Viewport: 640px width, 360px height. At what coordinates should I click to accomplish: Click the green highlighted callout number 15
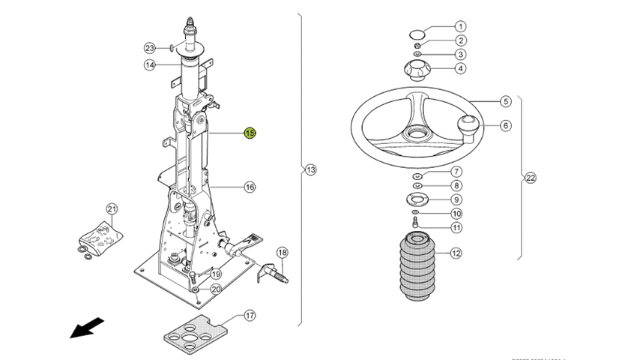click(250, 133)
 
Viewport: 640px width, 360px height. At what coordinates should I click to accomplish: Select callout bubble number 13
click(311, 170)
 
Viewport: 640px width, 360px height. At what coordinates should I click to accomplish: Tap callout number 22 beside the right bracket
click(531, 178)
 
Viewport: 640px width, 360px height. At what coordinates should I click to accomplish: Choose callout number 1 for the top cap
click(460, 26)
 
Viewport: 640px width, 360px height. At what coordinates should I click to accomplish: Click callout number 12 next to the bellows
click(456, 253)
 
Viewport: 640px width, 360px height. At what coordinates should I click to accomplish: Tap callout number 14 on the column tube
click(150, 65)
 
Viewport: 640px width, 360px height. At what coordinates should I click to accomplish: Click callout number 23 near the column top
click(150, 47)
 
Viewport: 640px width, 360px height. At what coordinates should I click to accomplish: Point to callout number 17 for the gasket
click(249, 316)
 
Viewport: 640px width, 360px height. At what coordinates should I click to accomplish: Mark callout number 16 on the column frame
click(250, 187)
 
